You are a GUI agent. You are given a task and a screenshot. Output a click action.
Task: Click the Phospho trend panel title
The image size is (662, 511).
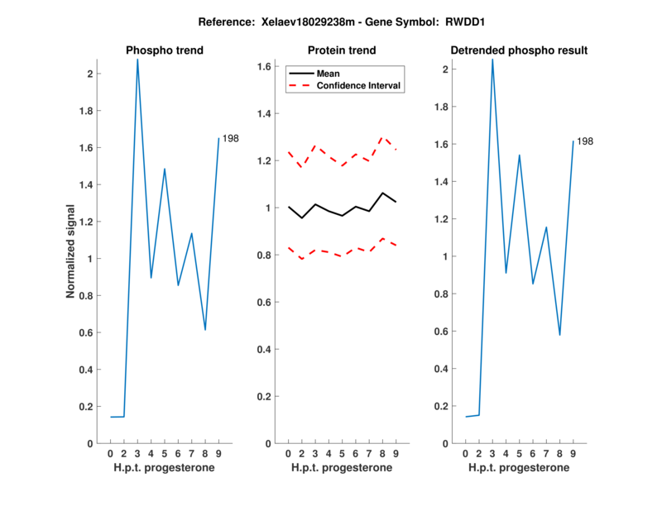tap(165, 50)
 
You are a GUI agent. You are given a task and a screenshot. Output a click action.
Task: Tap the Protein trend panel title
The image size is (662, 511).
tap(342, 50)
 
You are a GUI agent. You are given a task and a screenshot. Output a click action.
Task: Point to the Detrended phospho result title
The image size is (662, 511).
tap(520, 50)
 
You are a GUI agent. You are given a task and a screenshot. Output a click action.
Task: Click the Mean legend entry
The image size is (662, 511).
tap(328, 74)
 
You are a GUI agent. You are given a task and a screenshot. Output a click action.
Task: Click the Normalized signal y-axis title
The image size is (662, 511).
tap(71, 251)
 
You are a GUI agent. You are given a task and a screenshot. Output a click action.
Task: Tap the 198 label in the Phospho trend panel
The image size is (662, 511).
tap(231, 138)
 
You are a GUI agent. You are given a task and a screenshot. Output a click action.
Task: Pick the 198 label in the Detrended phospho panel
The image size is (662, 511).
tap(585, 141)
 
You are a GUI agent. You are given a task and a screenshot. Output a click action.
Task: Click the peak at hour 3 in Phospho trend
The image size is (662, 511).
tap(137, 60)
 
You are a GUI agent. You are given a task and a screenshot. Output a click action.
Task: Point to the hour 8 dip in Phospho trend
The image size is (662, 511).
tap(205, 330)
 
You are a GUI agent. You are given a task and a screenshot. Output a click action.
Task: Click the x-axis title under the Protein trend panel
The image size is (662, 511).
tap(342, 468)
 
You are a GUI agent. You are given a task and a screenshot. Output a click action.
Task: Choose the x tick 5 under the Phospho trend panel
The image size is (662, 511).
tap(165, 453)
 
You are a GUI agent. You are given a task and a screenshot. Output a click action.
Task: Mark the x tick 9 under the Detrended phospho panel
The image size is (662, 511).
tap(573, 453)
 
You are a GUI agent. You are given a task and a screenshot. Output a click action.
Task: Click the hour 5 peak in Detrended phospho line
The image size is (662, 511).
tap(519, 155)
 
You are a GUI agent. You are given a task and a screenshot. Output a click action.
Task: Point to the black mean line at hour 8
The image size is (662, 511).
tap(382, 193)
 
